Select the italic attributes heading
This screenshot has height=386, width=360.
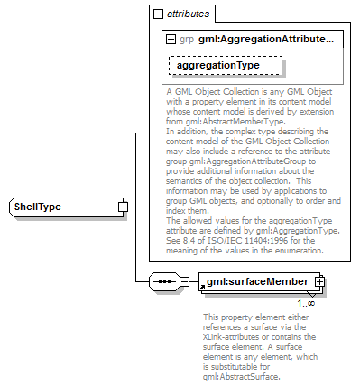point(188,14)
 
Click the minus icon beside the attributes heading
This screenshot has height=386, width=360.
point(158,14)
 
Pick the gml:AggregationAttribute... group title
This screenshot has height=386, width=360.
point(266,41)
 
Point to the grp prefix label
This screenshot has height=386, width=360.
point(187,41)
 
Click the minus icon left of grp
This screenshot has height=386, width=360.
point(171,41)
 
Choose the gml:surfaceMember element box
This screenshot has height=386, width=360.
point(254,281)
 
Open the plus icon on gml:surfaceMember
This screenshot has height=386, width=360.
point(319,281)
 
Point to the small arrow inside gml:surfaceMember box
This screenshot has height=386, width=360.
point(204,287)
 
